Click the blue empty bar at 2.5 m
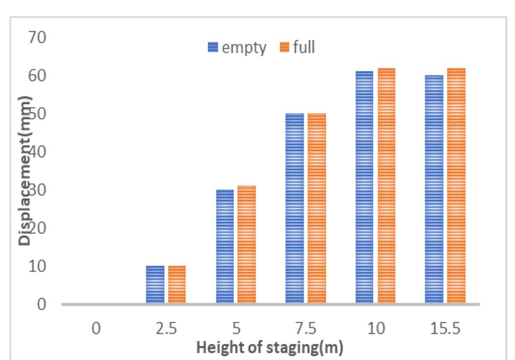[x=155, y=285]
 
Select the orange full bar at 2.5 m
[x=177, y=285]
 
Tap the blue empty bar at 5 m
[x=225, y=247]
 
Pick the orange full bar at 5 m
[x=247, y=245]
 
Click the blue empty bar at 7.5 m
[x=294, y=208]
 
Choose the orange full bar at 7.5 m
[x=317, y=208]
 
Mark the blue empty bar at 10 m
[x=364, y=187]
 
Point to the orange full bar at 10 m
[x=386, y=186]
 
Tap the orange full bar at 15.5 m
[x=456, y=186]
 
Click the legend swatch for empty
[x=212, y=48]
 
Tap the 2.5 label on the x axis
[x=166, y=329]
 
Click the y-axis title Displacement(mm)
[x=26, y=170]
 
